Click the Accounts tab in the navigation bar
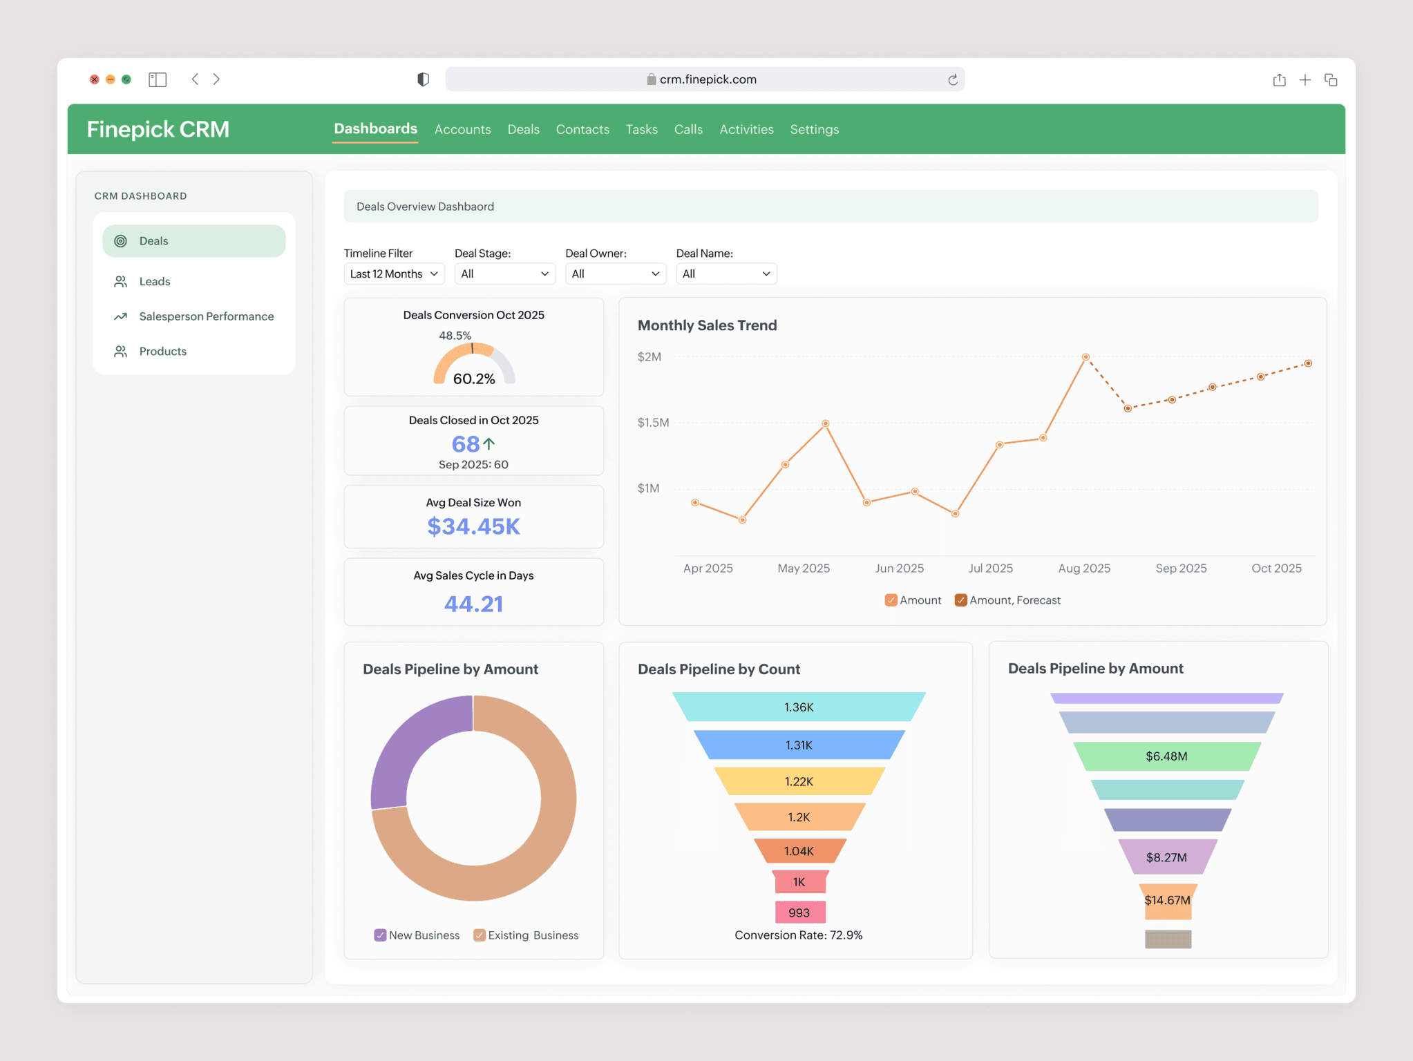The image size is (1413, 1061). [x=462, y=130]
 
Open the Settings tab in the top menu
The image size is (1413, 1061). [x=814, y=130]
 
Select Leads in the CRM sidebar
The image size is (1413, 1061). [x=154, y=282]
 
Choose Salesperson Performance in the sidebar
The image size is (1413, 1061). [x=206, y=316]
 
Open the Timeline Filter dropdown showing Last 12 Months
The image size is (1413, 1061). [x=394, y=274]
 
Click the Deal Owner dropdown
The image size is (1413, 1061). [x=615, y=274]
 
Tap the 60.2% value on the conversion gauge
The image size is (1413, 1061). [x=474, y=379]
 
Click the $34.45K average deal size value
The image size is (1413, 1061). [x=473, y=526]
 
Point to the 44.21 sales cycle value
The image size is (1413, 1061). [x=473, y=604]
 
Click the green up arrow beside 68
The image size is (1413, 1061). [x=489, y=443]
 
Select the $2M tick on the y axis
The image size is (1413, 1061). [x=649, y=357]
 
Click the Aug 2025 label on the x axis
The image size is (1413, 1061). [x=1084, y=568]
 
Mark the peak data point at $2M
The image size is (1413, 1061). [x=1085, y=357]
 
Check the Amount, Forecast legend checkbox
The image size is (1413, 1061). [x=960, y=600]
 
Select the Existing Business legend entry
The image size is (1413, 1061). [x=526, y=935]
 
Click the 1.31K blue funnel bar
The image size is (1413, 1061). [x=799, y=745]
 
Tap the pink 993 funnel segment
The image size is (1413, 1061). [x=799, y=912]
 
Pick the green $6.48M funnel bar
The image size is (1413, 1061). [x=1166, y=756]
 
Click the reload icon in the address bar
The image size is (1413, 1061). [x=952, y=80]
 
